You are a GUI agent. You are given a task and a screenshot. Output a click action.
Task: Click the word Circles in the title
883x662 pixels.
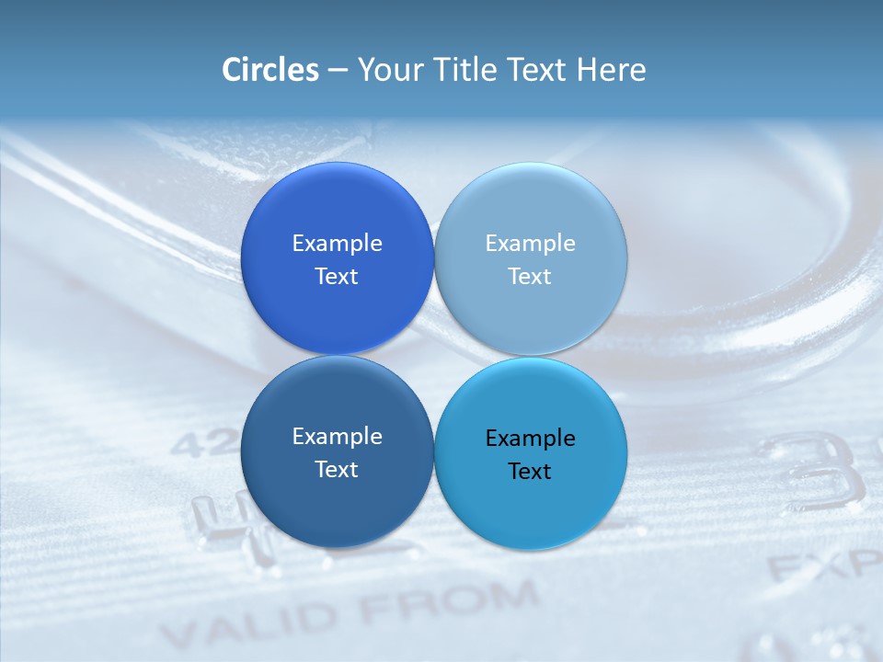[x=269, y=70]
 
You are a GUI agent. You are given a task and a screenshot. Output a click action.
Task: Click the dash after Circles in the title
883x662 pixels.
[x=337, y=71]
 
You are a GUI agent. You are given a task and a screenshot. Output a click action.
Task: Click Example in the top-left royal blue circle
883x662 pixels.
[x=337, y=243]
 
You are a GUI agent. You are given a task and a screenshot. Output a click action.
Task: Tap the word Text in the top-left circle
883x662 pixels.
[x=337, y=276]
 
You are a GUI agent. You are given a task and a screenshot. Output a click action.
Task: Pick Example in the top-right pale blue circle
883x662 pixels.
[x=530, y=243]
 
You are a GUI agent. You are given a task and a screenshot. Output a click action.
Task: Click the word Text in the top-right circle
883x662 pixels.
[x=530, y=276]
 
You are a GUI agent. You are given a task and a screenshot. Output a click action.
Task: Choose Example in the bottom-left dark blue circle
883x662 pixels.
[x=337, y=436]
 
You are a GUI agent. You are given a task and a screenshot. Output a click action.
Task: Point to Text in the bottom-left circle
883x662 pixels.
[x=337, y=469]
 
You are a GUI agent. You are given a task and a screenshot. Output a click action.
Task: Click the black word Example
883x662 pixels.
[x=530, y=438]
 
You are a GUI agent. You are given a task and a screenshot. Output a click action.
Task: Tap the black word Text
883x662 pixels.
[x=530, y=471]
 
